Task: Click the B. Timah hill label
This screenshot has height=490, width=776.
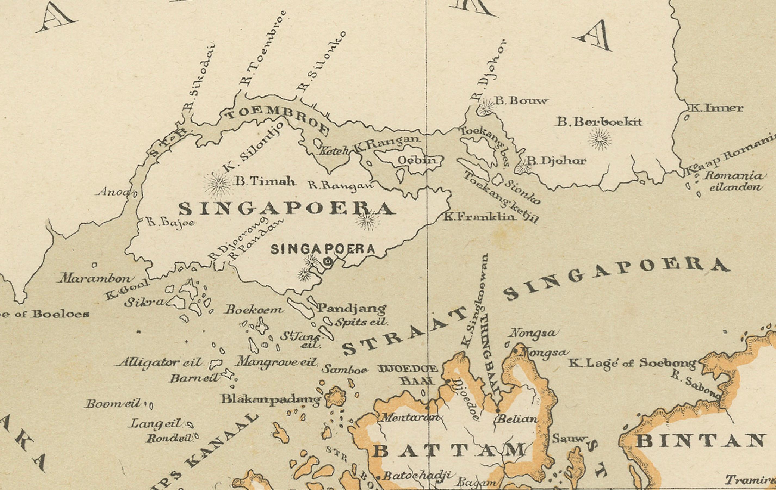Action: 265,181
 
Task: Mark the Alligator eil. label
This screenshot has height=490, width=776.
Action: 159,362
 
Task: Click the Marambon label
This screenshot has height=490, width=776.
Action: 96,278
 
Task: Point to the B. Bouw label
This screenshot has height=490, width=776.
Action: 521,101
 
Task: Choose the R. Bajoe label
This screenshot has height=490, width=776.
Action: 170,222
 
